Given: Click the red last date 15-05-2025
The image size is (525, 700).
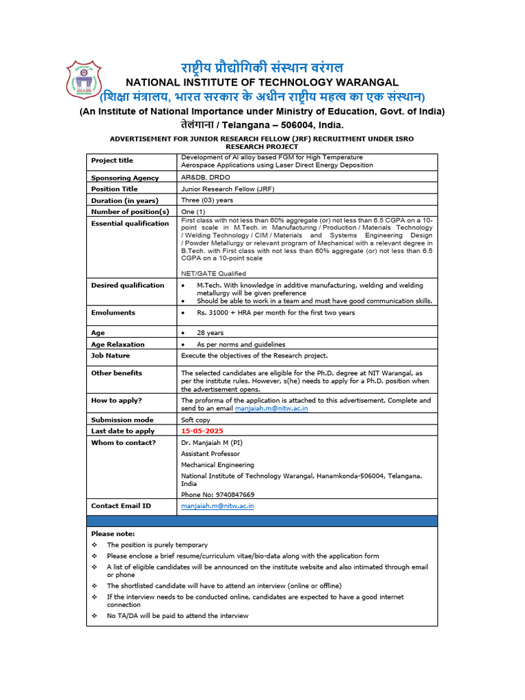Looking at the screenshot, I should click(x=202, y=431).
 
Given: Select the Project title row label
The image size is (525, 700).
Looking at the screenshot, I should click(x=112, y=161).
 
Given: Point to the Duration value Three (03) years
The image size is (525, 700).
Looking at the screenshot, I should click(x=207, y=200).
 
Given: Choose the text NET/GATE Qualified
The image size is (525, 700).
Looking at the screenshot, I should click(x=213, y=273).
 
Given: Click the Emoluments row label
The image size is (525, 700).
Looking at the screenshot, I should click(x=113, y=312).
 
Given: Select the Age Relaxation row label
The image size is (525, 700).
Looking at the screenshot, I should click(x=118, y=345).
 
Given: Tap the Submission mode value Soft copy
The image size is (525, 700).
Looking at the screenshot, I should click(x=196, y=420).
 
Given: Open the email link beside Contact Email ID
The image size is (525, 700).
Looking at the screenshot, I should click(x=217, y=506).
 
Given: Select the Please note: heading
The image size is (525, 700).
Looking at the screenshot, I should click(x=113, y=533).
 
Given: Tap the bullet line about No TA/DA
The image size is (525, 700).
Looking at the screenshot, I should click(x=178, y=616).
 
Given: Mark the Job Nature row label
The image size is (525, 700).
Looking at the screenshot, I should click(x=110, y=355).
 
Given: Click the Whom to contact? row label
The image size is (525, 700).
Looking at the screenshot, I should click(x=123, y=442).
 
